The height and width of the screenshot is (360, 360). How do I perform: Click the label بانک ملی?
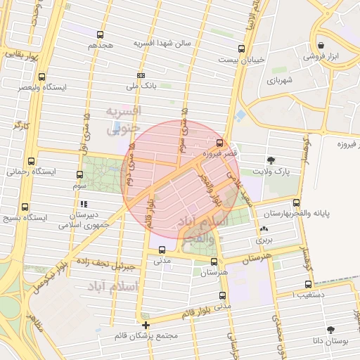pyautogui.click(x=141, y=86)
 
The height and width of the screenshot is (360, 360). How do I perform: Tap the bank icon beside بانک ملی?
pyautogui.click(x=141, y=75)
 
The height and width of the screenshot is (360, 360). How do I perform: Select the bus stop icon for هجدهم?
pyautogui.click(x=101, y=34)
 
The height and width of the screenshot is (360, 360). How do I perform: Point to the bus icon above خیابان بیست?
pyautogui.click(x=242, y=49)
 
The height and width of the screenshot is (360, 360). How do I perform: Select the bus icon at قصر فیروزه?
pyautogui.click(x=219, y=143)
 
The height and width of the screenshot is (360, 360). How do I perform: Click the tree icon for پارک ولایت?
pyautogui.click(x=271, y=160)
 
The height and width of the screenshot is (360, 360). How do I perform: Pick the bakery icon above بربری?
pyautogui.click(x=264, y=229)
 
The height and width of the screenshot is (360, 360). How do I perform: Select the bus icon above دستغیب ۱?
pyautogui.click(x=308, y=285)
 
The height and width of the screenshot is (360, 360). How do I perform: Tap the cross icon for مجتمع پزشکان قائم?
pyautogui.click(x=146, y=325)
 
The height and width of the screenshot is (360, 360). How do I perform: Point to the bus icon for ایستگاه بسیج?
pyautogui.click(x=25, y=207)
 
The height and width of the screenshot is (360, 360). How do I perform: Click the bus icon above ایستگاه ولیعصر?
pyautogui.click(x=41, y=77)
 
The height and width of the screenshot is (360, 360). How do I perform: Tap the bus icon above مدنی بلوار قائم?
pyautogui.click(x=223, y=296)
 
